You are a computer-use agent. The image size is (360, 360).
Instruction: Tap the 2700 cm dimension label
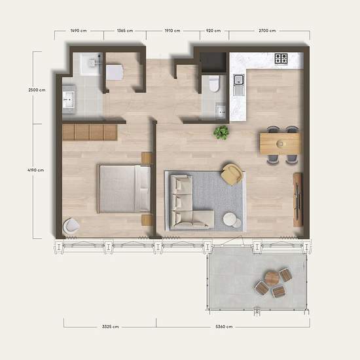(267, 31)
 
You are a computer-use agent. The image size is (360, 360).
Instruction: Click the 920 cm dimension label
(213, 31)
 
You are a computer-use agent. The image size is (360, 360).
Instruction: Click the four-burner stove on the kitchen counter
(282, 59)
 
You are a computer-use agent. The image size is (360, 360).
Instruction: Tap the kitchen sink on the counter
(238, 82)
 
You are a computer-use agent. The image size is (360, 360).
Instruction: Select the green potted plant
(222, 132)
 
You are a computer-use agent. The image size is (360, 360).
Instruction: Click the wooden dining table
(280, 143)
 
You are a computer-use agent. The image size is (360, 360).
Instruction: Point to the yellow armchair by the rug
(231, 174)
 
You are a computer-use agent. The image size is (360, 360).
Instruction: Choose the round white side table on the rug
(230, 219)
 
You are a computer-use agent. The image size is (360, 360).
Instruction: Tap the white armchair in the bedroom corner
(71, 226)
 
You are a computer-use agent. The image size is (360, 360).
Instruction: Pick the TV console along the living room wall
(298, 199)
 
